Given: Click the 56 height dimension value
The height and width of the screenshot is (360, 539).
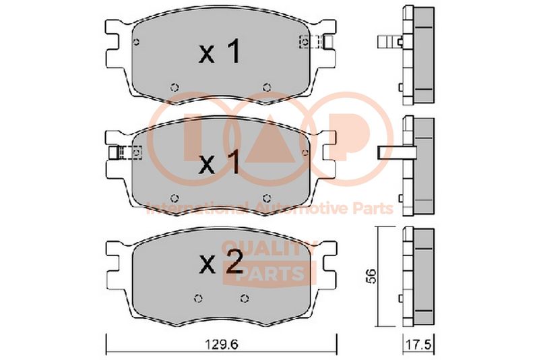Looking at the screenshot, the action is coord(371,276).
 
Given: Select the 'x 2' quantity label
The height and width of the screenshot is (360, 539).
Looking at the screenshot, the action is coord(221,262).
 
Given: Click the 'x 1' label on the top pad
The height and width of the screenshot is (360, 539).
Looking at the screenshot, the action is coord(220,52).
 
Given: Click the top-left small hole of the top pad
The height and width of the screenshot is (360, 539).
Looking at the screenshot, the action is coord(137,42).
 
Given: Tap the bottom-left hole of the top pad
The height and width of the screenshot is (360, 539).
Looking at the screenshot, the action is coord(175,88).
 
